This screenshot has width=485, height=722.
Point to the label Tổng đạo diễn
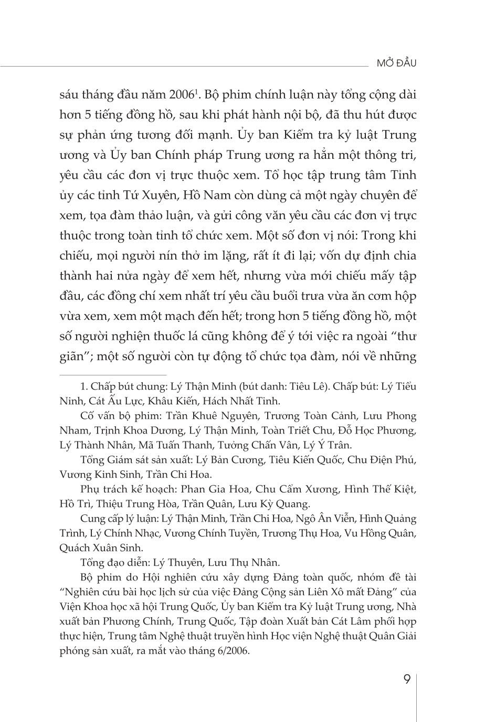point(111,563)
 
